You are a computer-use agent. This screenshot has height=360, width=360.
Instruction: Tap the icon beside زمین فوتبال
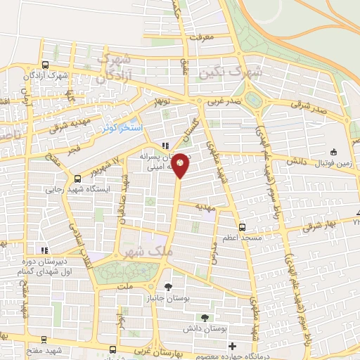click(x=334, y=152)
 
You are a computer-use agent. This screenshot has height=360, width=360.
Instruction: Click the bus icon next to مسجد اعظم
click(x=242, y=227)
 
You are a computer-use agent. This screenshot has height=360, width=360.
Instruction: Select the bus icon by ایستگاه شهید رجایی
click(x=77, y=178)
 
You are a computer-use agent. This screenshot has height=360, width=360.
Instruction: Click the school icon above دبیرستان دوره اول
click(x=45, y=250)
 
